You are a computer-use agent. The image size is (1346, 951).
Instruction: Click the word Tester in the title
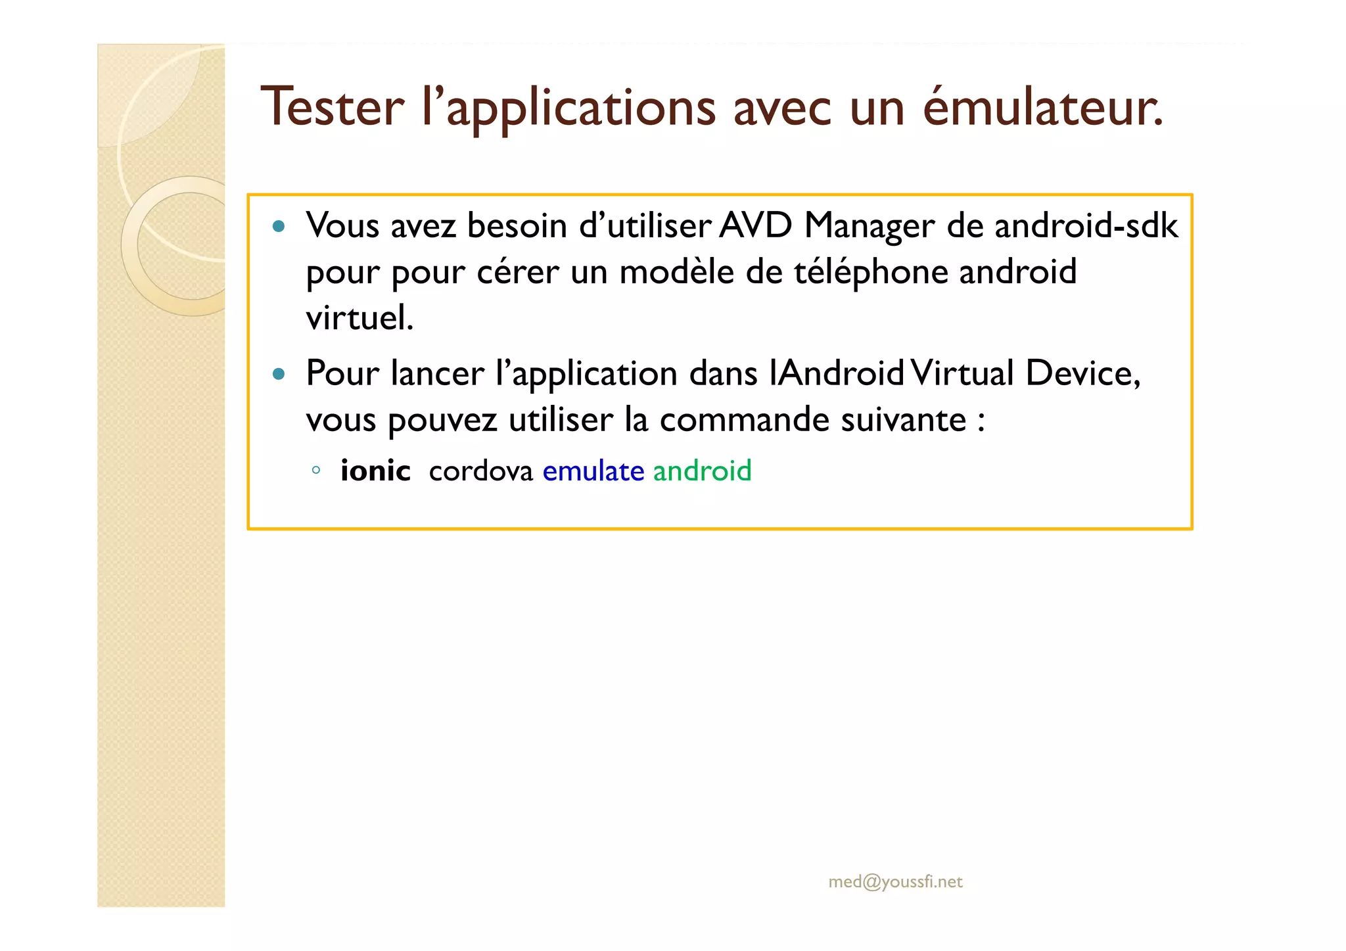pos(333,107)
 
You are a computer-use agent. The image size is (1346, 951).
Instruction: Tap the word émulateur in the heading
pos(1043,107)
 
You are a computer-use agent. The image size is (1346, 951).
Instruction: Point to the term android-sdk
pos(1086,226)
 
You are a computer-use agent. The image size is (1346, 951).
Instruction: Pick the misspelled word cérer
pos(517,272)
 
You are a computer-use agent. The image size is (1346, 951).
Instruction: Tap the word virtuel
pos(360,318)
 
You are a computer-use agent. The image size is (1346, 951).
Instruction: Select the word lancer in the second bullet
pos(437,373)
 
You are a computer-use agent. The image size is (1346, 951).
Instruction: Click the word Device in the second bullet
pos(1082,373)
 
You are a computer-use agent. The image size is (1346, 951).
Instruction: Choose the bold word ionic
pos(375,471)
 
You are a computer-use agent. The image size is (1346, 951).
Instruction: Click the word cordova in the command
pos(480,471)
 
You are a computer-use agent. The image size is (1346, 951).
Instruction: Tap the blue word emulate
pos(593,471)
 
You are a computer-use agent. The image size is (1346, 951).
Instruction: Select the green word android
pos(702,471)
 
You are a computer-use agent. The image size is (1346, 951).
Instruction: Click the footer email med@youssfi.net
pos(895,882)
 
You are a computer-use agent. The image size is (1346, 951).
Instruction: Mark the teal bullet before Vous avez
pos(279,227)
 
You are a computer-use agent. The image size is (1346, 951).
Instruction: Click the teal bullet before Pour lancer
pos(279,374)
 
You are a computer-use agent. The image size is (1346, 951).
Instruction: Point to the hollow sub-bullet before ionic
pos(316,470)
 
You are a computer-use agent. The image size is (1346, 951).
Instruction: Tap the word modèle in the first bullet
pos(676,272)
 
